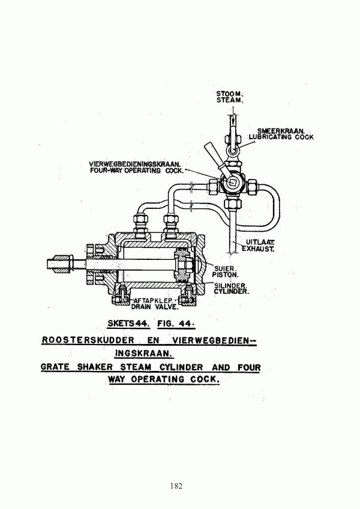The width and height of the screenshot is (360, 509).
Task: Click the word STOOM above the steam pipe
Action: point(229,94)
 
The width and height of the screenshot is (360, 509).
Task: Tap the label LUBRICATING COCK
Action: point(281,137)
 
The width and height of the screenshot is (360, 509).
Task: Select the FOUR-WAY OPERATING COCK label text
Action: point(137,170)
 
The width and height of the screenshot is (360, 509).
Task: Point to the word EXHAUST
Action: point(259,249)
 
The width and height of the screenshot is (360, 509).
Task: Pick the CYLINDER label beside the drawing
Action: point(232,292)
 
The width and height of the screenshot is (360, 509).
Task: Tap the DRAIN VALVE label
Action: point(155,307)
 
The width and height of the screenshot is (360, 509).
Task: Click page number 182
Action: point(176,486)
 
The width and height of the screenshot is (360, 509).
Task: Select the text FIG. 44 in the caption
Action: point(176,324)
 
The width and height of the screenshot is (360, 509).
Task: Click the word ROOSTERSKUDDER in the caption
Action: point(88,340)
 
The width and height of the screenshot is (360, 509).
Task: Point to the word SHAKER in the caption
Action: point(95,367)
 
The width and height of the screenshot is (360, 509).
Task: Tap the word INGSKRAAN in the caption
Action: point(144,353)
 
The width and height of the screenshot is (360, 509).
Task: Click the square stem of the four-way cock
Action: point(232,182)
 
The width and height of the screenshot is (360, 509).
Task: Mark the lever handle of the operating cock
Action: point(214,157)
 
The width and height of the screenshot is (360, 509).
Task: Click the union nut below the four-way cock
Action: point(233,204)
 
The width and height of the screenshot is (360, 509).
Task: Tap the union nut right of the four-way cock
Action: point(252,187)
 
